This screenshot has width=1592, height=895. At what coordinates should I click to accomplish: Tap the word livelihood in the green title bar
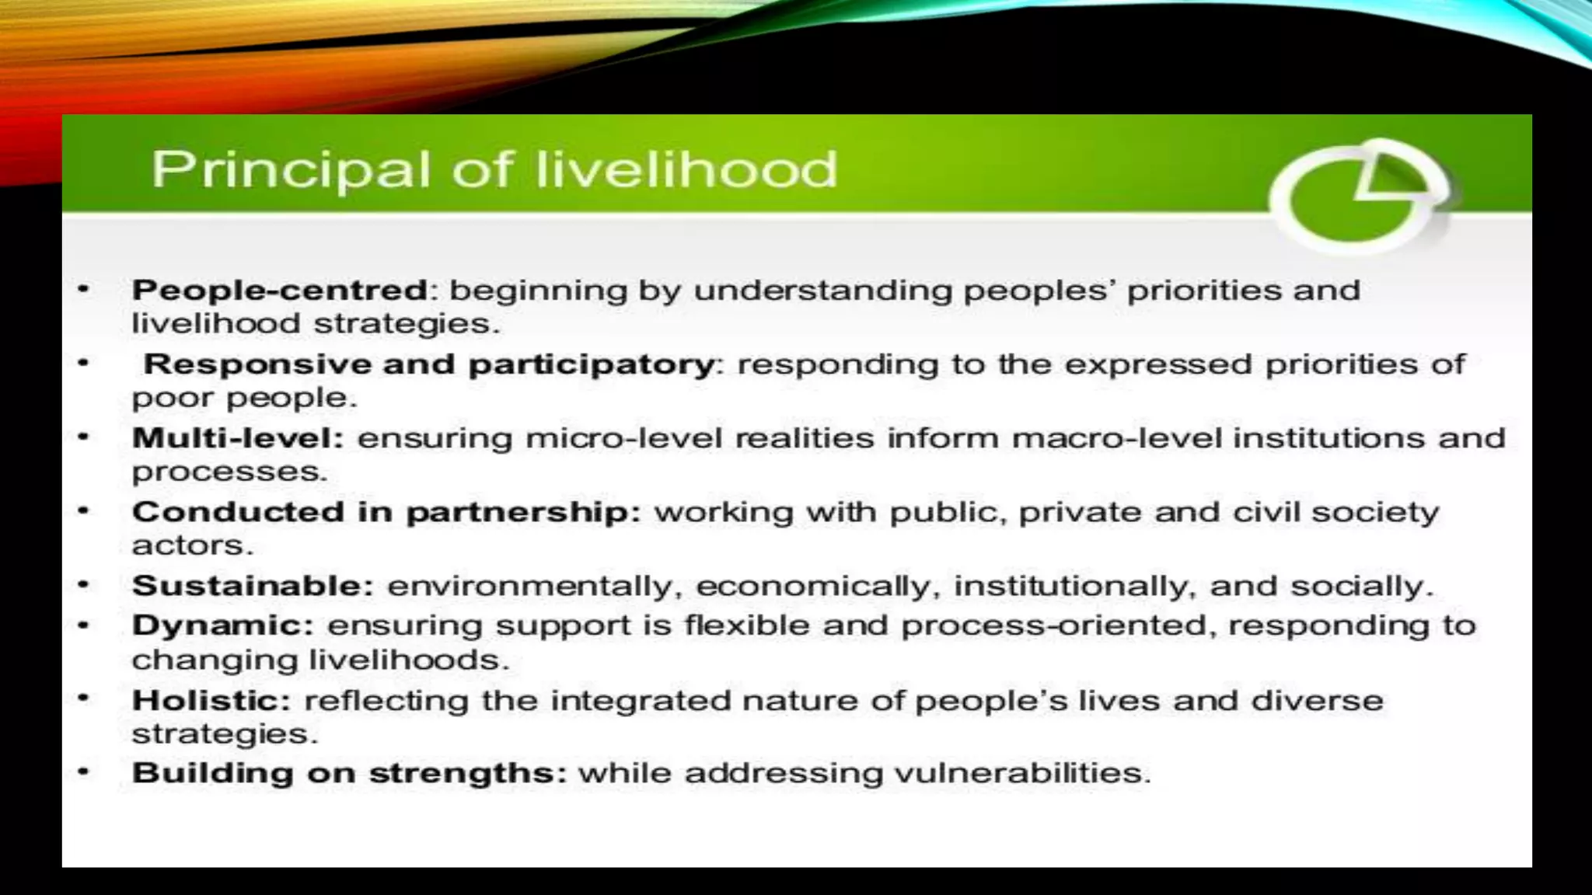click(686, 169)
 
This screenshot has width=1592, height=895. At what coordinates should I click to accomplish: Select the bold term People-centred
click(279, 291)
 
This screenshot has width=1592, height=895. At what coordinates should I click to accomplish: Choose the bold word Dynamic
click(222, 625)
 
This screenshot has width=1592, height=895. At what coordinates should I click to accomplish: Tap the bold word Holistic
click(211, 701)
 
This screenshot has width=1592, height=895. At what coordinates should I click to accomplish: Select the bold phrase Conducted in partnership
click(386, 512)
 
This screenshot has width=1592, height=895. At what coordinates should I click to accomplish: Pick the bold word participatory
click(591, 364)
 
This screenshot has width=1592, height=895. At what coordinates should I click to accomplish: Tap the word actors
click(192, 545)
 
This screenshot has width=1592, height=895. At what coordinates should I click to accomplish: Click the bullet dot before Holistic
click(84, 698)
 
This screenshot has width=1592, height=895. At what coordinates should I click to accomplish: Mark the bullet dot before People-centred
click(84, 290)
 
